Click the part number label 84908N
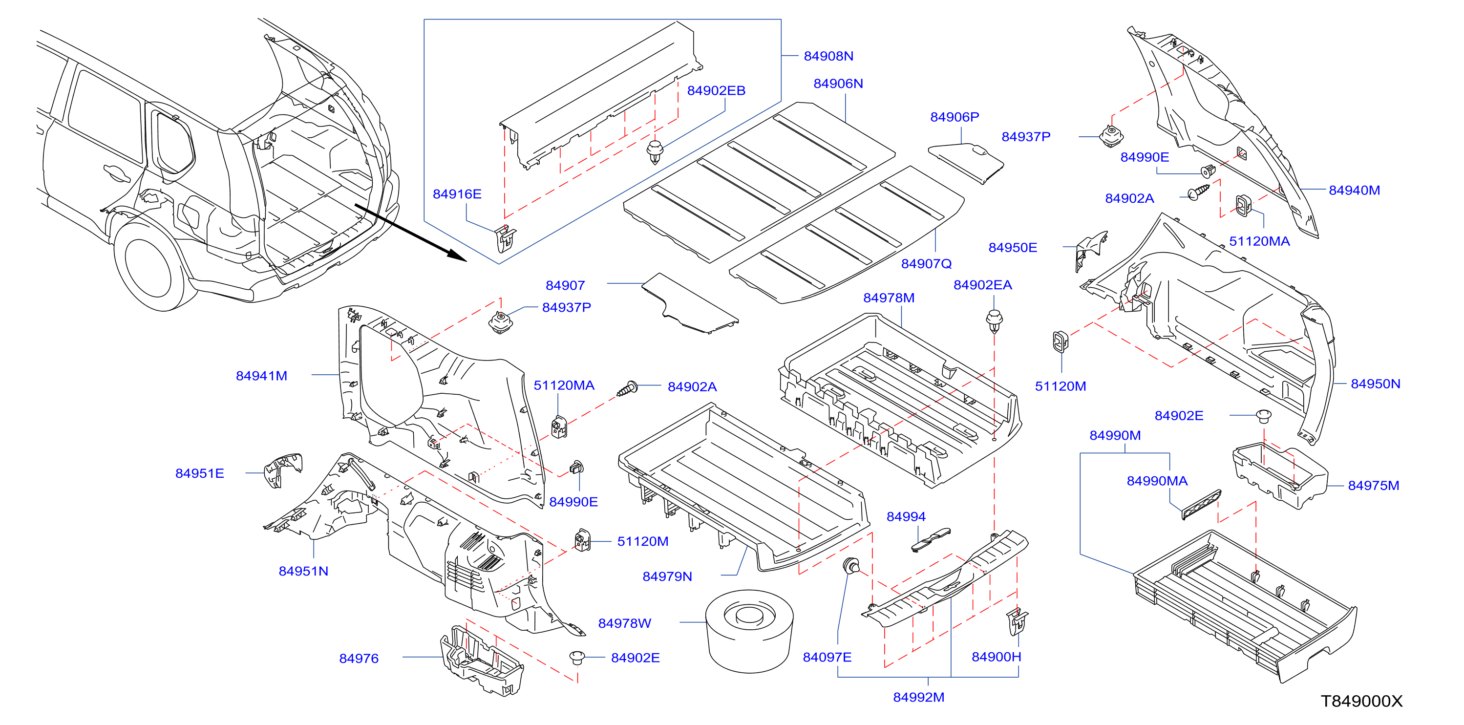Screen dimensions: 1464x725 [828, 56]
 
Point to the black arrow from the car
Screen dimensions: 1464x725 [410, 233]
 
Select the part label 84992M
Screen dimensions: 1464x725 [918, 697]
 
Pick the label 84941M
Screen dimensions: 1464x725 [261, 376]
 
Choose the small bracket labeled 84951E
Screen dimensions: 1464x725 [282, 469]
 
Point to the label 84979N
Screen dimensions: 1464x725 [667, 576]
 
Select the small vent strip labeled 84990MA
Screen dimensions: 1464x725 [1201, 505]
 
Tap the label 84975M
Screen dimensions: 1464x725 [1373, 485]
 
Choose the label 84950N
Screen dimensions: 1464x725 [1376, 384]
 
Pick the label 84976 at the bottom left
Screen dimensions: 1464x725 [359, 659]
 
